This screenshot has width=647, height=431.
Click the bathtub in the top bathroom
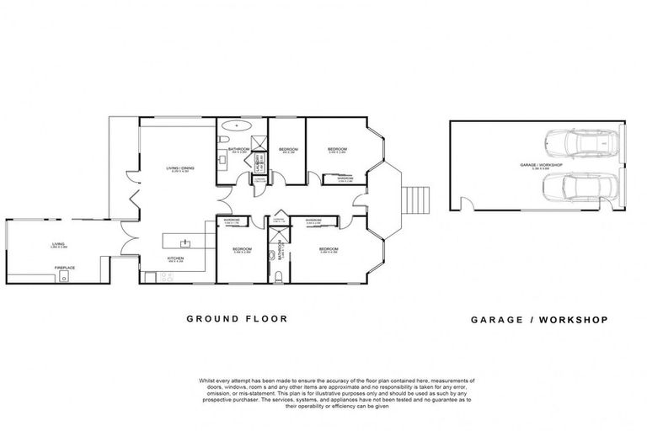tap(236, 126)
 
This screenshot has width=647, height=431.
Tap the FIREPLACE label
tap(66, 268)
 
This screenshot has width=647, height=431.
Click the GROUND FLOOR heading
tap(237, 319)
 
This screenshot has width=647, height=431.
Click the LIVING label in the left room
tap(58, 244)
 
